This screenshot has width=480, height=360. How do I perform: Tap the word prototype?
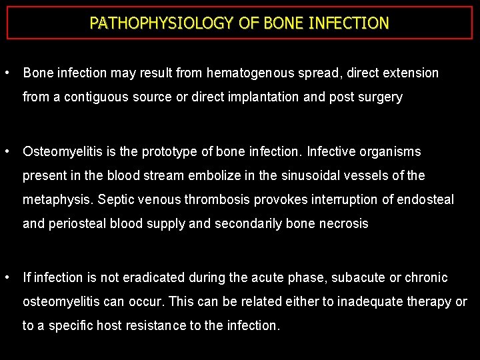point(173,152)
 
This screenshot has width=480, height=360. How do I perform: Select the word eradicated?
point(158,277)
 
